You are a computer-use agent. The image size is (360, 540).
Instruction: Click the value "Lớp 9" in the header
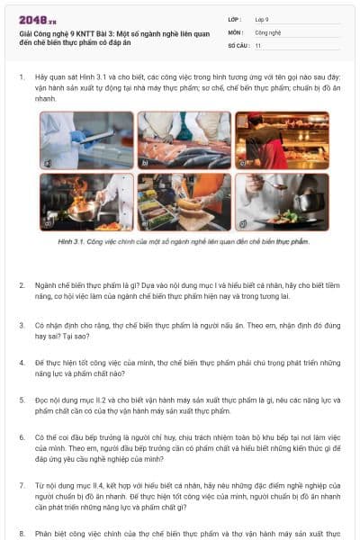264,19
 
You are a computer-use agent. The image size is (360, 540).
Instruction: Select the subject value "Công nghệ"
268,31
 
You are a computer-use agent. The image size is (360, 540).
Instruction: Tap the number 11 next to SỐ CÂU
258,44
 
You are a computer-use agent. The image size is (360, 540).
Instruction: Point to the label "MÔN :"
235,31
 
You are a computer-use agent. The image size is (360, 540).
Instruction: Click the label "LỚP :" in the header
235,19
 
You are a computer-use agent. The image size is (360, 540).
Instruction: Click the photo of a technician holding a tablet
86,140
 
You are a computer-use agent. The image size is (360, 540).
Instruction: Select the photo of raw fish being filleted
184,140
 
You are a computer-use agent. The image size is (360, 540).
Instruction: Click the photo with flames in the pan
86,202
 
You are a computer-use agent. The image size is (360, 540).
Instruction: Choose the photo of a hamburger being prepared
184,202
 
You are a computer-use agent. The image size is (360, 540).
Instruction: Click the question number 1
21,78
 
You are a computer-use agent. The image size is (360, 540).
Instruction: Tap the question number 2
21,285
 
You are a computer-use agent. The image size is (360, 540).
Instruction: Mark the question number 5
21,399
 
